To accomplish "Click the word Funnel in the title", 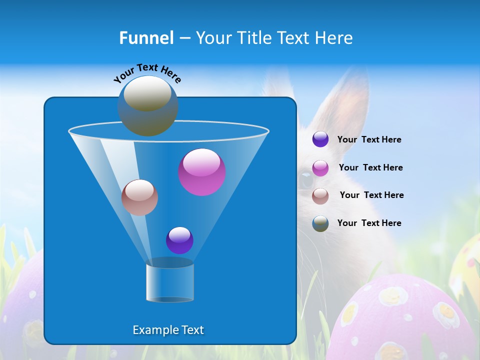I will (146, 38).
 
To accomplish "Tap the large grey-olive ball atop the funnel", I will (147, 105).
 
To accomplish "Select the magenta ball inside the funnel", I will (202, 172).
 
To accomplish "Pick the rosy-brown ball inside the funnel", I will (139, 197).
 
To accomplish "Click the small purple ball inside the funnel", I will (179, 240).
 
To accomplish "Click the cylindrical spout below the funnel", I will (170, 282).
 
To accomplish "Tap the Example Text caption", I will (168, 330).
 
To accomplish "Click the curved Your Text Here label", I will (147, 73).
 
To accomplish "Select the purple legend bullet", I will (320, 139).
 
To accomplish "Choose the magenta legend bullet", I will (320, 168).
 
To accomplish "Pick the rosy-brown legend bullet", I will (320, 196).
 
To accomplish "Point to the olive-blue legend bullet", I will (320, 223).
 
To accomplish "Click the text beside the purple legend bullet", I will (369, 139).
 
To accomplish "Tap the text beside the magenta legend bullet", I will (370, 167).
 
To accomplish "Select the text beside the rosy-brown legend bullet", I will (371, 195).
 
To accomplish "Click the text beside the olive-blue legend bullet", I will (369, 223).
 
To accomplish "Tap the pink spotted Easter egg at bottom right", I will (405, 320).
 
